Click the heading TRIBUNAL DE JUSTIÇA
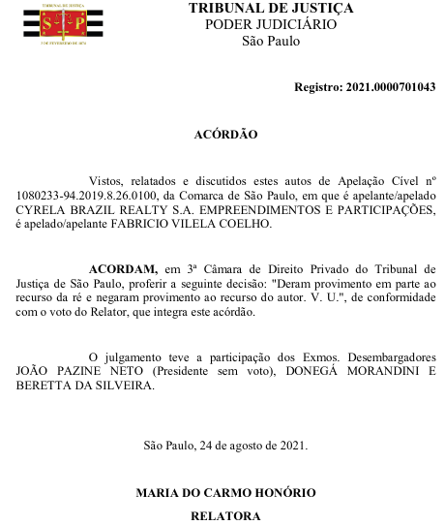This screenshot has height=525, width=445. click(x=270, y=9)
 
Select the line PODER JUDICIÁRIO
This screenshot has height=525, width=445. click(x=270, y=25)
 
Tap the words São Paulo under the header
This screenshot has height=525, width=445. click(x=270, y=42)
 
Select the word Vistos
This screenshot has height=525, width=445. click(x=105, y=180)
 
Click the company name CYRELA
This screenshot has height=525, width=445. click(x=42, y=208)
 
